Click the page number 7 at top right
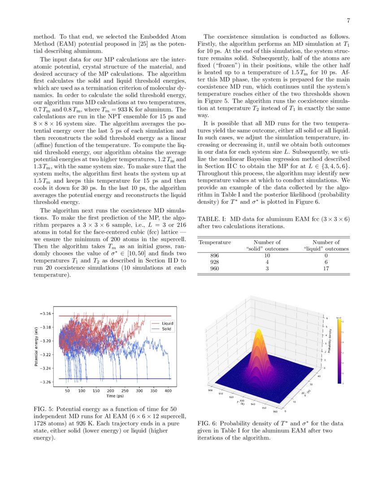click(348, 21)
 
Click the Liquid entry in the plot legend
click(168, 323)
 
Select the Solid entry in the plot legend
click(167, 329)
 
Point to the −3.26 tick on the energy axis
click(45, 382)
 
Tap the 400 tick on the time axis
click(169, 391)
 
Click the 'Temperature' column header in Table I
click(215, 242)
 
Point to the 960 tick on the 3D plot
click(281, 409)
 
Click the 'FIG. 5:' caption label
click(44, 409)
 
